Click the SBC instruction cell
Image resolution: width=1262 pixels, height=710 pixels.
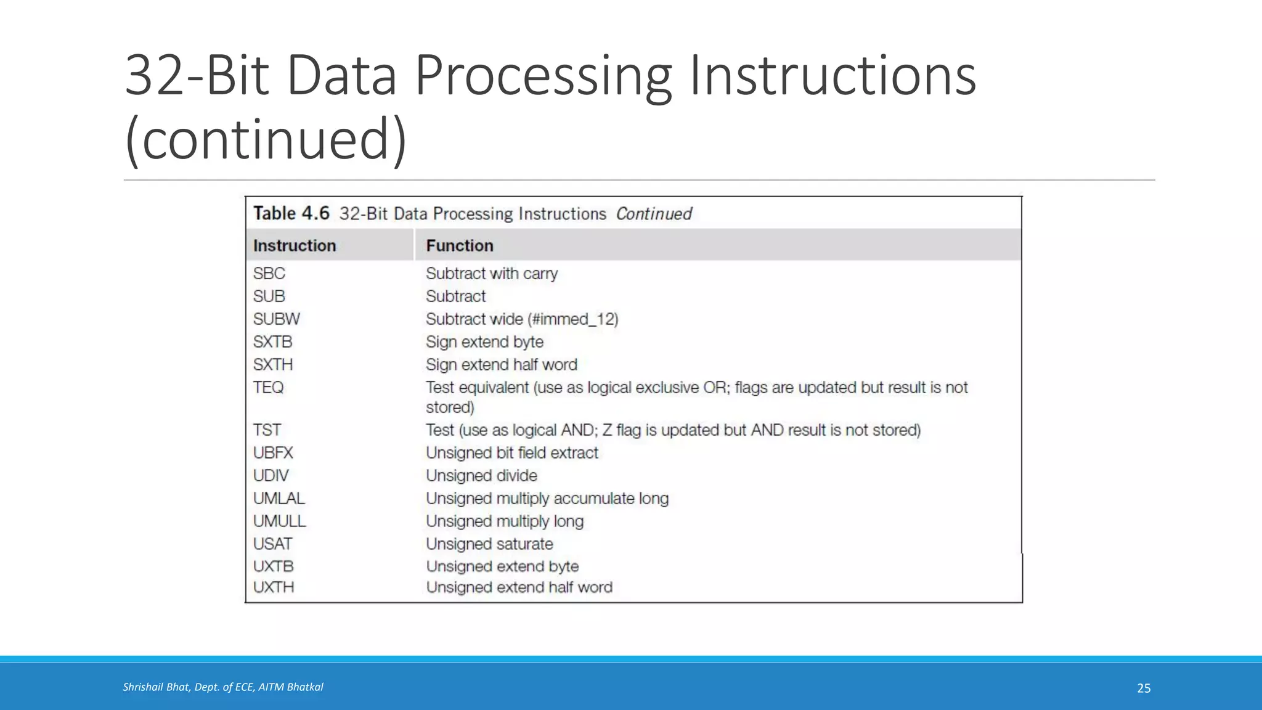(269, 274)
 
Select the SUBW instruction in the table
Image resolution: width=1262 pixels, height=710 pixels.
(276, 319)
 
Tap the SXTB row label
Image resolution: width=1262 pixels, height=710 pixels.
(272, 342)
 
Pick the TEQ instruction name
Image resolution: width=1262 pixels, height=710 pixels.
(268, 388)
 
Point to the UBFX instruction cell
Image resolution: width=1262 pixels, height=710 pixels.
(273, 453)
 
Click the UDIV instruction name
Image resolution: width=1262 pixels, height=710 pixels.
(271, 476)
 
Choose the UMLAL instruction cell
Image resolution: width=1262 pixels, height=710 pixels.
(279, 499)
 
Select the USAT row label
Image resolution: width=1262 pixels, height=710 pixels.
(272, 544)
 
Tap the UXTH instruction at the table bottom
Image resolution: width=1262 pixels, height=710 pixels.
(274, 587)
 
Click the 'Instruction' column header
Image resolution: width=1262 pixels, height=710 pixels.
(295, 246)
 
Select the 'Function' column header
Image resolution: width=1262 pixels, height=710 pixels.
(460, 246)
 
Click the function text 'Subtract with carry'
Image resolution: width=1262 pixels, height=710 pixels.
(492, 274)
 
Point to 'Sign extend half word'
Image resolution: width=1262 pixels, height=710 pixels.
(502, 365)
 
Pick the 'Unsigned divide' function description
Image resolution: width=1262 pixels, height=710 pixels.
(481, 476)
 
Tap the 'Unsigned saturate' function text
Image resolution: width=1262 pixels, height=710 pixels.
(489, 544)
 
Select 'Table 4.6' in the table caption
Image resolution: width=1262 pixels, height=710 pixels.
(291, 214)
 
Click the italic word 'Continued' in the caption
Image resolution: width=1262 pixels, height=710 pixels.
(654, 214)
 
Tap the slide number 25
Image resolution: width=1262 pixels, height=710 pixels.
(1144, 688)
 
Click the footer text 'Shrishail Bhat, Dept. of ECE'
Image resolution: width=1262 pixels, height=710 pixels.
(189, 687)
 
